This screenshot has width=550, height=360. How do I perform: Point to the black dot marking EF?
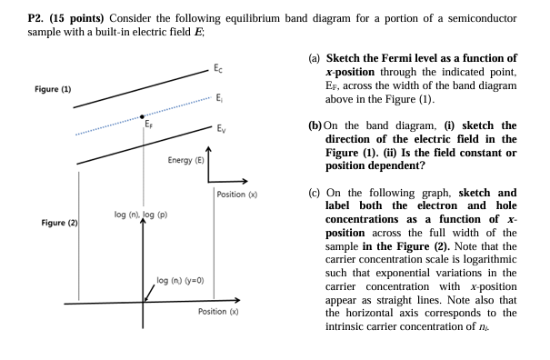(x=142, y=116)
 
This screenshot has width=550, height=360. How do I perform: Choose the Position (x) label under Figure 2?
(x=219, y=312)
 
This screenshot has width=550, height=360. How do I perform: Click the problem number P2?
(x=15, y=17)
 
